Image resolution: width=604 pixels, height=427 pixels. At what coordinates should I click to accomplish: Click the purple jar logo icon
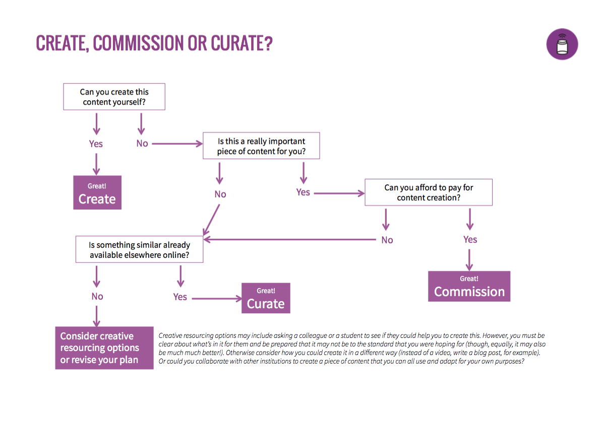click(562, 44)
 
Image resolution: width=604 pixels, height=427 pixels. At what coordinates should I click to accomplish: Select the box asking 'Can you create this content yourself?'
click(114, 97)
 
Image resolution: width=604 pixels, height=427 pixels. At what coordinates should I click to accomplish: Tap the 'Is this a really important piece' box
click(261, 146)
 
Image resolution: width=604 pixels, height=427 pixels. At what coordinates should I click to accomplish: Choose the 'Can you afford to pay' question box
click(429, 192)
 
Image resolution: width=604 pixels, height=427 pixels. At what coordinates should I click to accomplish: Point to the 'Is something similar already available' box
click(139, 250)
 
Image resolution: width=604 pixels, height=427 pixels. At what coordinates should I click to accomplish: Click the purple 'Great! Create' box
click(97, 192)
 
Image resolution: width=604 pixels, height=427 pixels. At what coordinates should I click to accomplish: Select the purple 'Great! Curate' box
click(266, 298)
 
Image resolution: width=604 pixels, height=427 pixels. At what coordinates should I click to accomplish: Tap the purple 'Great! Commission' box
click(469, 287)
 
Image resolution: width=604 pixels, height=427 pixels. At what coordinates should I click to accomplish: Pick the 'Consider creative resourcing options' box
click(104, 348)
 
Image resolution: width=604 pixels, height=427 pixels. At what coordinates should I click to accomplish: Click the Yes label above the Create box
click(96, 144)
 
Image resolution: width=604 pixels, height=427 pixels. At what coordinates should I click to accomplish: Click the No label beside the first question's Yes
click(142, 144)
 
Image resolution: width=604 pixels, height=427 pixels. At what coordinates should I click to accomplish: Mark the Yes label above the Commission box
click(470, 240)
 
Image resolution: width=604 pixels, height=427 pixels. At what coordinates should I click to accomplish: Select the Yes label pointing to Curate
click(180, 297)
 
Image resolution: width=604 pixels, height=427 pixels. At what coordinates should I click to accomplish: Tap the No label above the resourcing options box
click(97, 297)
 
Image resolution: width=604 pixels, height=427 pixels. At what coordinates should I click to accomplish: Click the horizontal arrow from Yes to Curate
click(217, 299)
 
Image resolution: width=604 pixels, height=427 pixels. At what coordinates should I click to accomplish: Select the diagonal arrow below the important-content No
click(212, 219)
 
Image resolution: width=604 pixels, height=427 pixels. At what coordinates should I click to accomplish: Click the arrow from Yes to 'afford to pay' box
click(338, 193)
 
